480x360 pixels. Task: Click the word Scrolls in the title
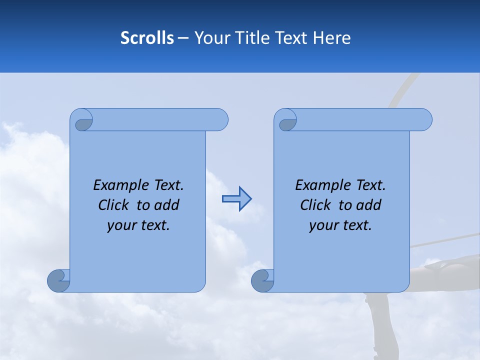(147, 38)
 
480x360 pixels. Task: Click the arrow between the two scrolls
(236, 198)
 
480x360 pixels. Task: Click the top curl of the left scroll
(83, 121)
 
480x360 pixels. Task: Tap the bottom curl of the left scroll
(58, 280)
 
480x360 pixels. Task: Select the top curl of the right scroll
(287, 121)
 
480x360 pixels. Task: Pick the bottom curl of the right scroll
(262, 280)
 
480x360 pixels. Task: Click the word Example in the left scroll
(119, 185)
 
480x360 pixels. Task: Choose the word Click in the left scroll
(112, 205)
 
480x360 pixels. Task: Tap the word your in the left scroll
(121, 225)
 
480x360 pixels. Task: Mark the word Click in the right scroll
(315, 205)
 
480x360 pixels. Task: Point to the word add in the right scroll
(368, 205)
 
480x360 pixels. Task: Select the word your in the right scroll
(323, 225)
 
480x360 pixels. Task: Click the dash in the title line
(183, 38)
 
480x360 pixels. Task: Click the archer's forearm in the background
(450, 262)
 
